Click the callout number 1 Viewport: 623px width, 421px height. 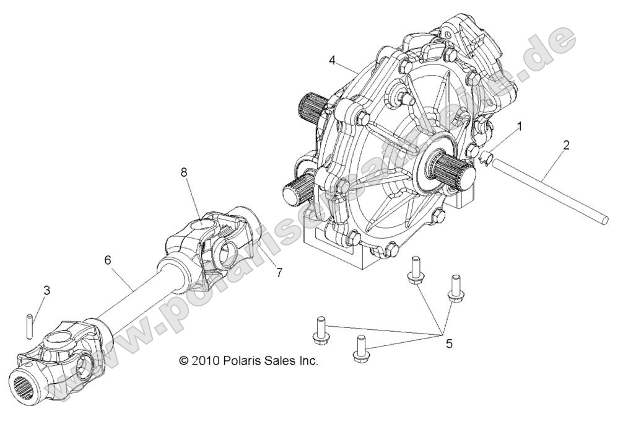[x=519, y=126]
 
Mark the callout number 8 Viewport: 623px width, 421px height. [x=184, y=174]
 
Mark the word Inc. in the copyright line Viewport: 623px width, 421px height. [x=307, y=360]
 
